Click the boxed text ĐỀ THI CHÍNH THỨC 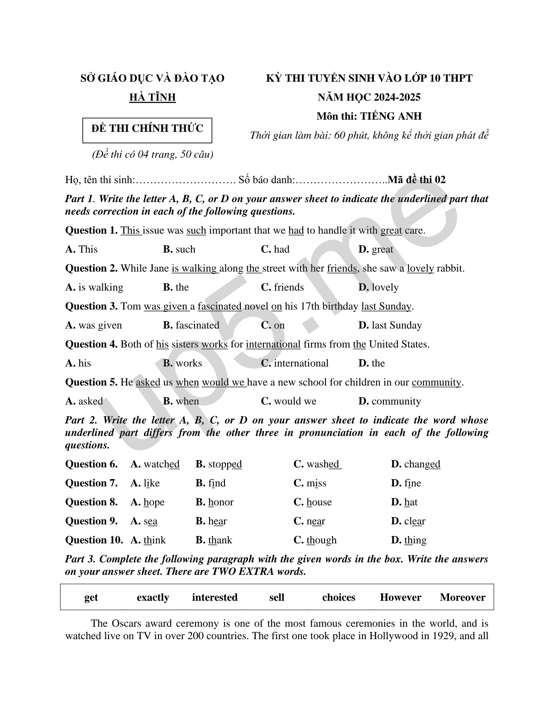[147, 128]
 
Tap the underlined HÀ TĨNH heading [153, 97]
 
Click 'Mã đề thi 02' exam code [417, 180]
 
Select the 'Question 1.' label [91, 231]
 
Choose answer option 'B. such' [179, 250]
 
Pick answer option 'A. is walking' [94, 287]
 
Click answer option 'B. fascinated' [191, 325]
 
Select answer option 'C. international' [295, 363]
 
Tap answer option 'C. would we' [288, 401]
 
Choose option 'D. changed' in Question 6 [415, 464]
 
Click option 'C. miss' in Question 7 [310, 483]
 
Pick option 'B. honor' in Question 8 [215, 502]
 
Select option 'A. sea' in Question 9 [144, 521]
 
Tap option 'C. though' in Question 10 [315, 540]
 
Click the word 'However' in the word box [401, 598]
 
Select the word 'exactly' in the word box [153, 598]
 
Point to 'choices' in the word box [339, 598]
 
